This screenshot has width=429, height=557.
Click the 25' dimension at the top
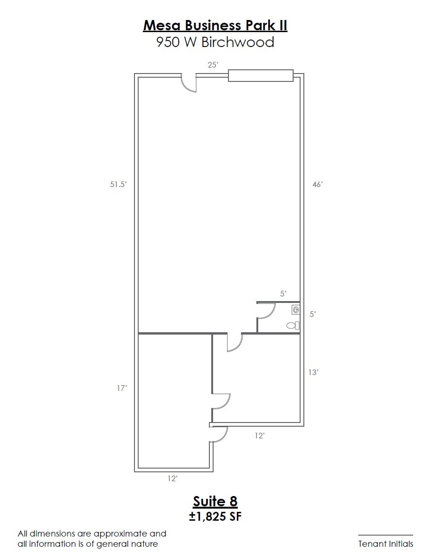pyautogui.click(x=213, y=65)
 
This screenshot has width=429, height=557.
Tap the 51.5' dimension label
pyautogui.click(x=118, y=184)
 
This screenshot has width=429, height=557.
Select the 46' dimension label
pyautogui.click(x=317, y=184)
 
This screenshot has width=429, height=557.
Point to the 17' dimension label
pyautogui.click(x=122, y=388)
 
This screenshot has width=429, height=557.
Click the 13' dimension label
pyautogui.click(x=313, y=372)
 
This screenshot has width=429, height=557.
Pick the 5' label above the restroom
pyautogui.click(x=283, y=294)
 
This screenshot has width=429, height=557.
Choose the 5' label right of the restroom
pyautogui.click(x=313, y=314)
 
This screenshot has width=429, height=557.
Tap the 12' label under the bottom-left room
pyautogui.click(x=172, y=478)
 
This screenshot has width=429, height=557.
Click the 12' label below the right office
pyautogui.click(x=260, y=436)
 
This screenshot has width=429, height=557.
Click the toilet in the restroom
pyautogui.click(x=293, y=325)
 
